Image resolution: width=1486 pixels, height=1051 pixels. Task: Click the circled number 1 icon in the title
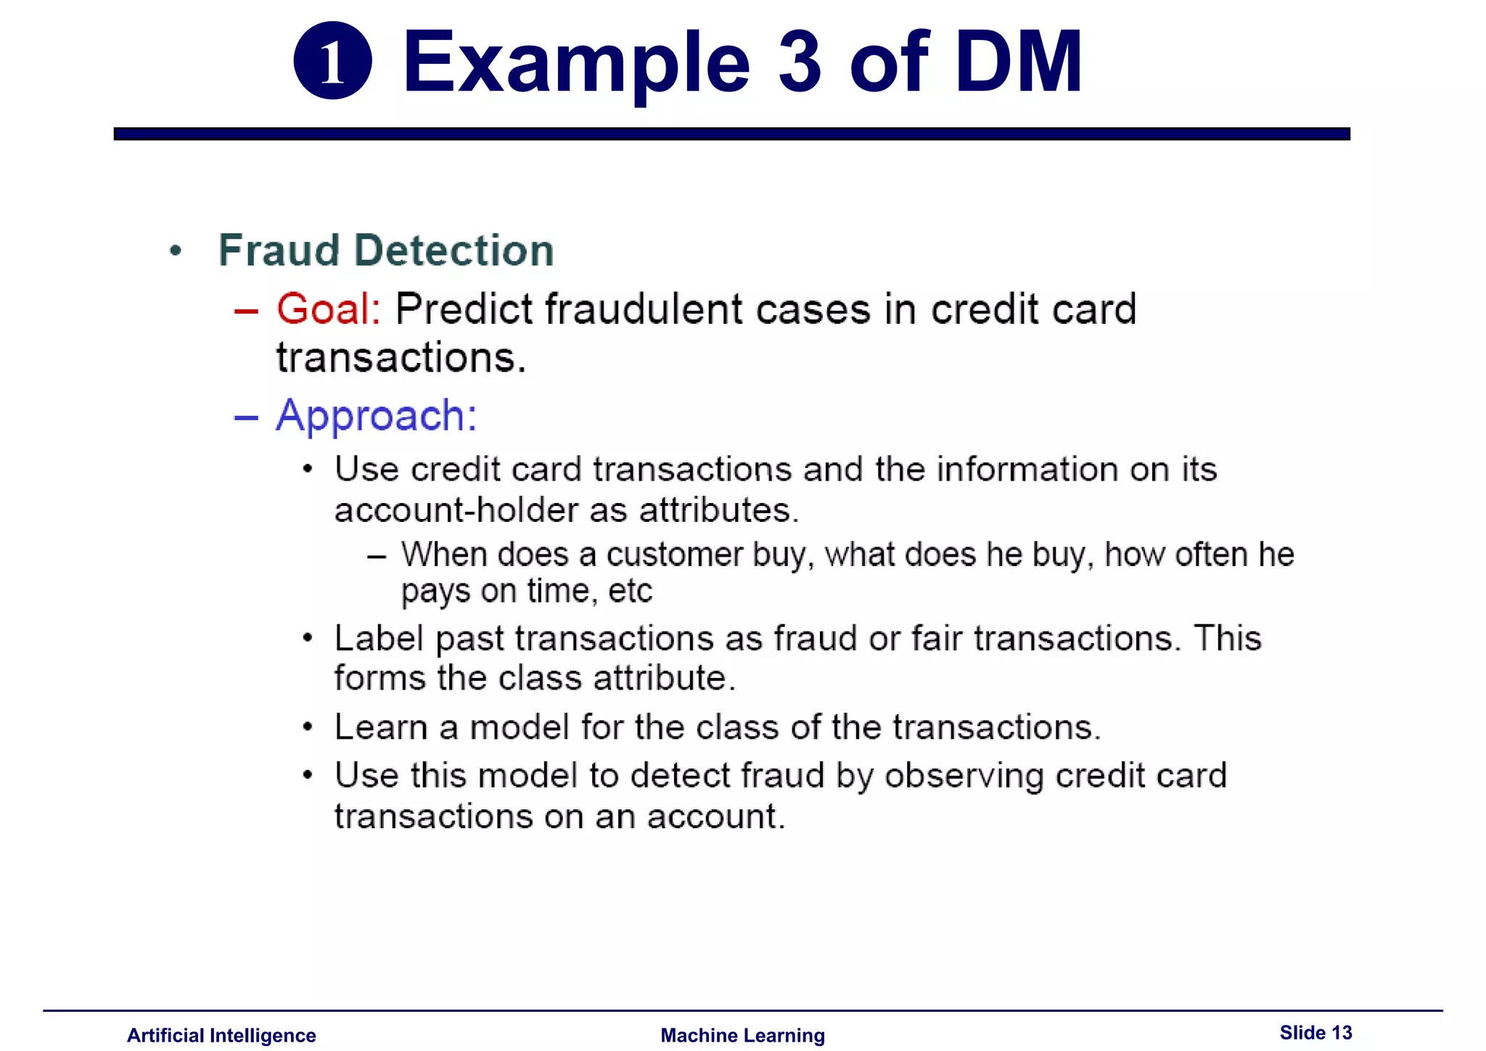(332, 61)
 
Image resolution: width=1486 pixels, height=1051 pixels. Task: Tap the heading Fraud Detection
(386, 250)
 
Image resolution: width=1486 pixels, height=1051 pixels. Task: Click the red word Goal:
(329, 308)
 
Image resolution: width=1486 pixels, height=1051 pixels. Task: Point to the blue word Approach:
(377, 416)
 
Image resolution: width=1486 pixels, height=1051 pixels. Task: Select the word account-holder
(456, 510)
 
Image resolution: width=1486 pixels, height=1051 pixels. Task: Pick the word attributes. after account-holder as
(718, 510)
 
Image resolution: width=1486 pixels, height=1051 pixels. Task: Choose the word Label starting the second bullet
(379, 639)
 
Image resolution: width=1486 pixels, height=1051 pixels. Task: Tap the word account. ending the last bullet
(716, 817)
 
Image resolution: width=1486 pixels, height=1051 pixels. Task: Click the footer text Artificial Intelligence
(221, 1035)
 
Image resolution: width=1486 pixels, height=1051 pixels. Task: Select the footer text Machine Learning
(742, 1035)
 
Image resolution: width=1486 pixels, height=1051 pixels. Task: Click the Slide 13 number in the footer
(1315, 1032)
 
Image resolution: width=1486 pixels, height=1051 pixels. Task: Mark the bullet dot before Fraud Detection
(175, 251)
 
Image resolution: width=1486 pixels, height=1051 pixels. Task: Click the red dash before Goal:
(246, 311)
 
